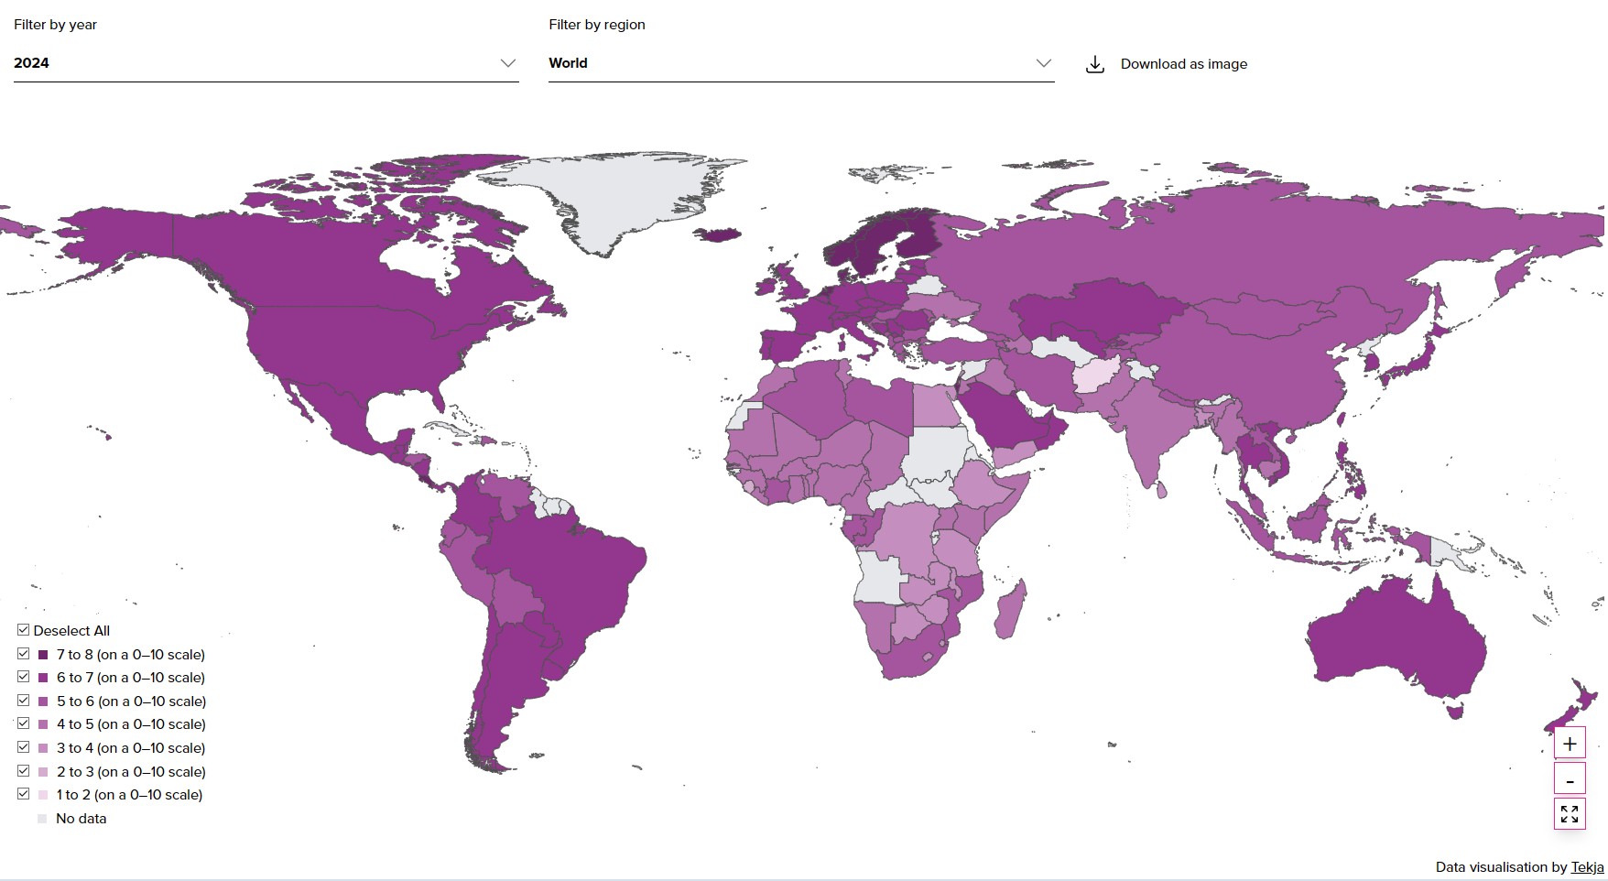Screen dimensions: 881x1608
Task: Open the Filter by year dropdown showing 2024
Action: [266, 63]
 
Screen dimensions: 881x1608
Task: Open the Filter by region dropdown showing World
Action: [800, 63]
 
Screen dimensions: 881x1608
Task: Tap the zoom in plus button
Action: [1569, 744]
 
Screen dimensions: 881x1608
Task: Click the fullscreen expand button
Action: [1569, 813]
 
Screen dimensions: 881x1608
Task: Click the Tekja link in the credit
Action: [1587, 866]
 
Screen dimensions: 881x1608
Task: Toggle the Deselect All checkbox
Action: [24, 630]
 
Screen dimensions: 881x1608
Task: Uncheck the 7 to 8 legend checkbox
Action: [24, 654]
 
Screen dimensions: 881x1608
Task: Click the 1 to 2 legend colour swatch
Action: [43, 795]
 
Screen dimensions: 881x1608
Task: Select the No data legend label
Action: [81, 819]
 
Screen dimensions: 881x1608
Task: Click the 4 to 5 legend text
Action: [131, 724]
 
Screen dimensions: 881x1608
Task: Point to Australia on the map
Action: [1392, 641]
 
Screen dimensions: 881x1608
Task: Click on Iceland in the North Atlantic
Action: [720, 235]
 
